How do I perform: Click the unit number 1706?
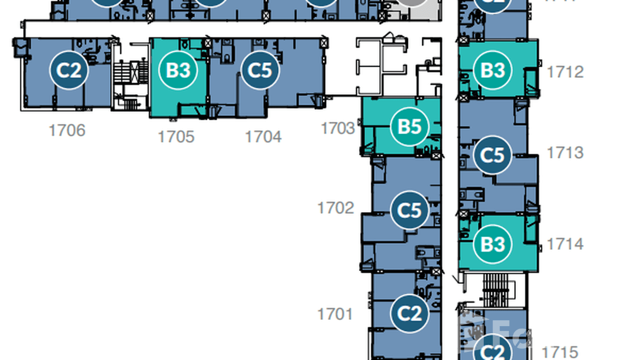67,130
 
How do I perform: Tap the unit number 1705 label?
176,137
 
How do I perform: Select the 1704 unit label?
263,137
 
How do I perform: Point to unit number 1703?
338,128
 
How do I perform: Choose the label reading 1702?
336,208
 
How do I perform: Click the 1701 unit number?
335,314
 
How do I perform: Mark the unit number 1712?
565,72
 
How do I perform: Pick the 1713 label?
565,152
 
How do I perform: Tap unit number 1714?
565,244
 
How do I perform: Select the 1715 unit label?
560,352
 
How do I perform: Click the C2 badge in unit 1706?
69,70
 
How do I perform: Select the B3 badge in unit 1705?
178,70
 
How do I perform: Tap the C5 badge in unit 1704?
260,70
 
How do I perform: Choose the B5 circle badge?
409,127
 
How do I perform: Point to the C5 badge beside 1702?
409,210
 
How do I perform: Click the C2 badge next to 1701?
409,314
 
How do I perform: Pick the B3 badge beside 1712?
492,70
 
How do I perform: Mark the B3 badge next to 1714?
492,244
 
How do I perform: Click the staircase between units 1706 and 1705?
130,76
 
